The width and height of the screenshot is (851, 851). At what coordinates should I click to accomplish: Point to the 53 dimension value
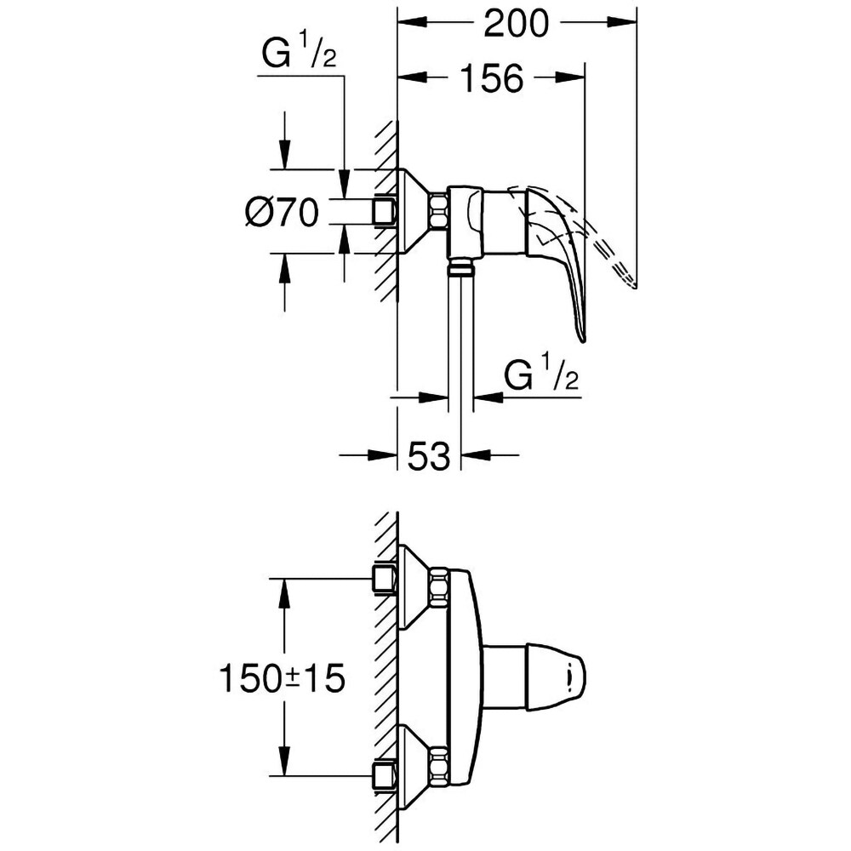(x=429, y=456)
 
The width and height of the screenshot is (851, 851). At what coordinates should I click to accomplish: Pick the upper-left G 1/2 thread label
(x=300, y=58)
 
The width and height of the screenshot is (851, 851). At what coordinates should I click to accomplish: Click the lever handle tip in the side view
(x=581, y=335)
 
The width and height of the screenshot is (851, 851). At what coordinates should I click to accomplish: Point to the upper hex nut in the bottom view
(x=440, y=587)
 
